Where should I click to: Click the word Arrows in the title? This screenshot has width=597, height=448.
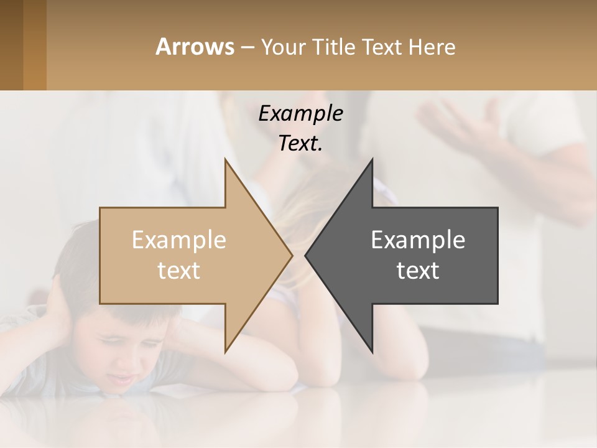(x=195, y=47)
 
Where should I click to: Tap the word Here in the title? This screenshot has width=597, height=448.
(x=433, y=47)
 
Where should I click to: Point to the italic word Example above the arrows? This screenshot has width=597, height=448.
(x=300, y=113)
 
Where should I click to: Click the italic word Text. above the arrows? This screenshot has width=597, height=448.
(x=300, y=143)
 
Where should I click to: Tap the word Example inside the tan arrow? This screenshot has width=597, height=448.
(x=179, y=240)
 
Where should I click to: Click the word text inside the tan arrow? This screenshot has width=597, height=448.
(x=179, y=270)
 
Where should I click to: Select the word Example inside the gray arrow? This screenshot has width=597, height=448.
(x=418, y=240)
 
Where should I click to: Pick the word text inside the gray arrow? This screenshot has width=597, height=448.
(x=418, y=270)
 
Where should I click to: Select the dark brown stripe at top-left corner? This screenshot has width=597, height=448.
(x=11, y=45)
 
